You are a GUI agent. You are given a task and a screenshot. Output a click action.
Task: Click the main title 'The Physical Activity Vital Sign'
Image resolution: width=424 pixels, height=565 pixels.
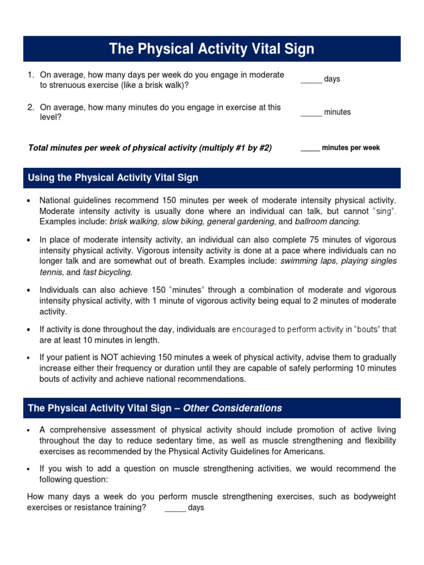[x=211, y=49]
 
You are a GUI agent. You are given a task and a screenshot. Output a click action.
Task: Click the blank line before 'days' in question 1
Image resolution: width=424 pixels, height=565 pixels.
[x=311, y=81]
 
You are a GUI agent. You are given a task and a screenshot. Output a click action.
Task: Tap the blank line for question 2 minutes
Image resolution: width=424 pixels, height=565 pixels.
[x=311, y=114]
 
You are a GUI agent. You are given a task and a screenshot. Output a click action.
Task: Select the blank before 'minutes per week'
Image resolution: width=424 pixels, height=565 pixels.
[x=310, y=150]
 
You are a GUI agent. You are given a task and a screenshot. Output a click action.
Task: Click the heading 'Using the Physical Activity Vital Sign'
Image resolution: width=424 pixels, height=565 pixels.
[x=113, y=178]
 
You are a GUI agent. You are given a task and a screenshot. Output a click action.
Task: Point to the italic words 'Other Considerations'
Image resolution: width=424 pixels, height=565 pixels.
[x=232, y=408]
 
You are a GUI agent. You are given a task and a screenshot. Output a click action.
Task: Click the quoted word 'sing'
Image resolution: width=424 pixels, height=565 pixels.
[x=385, y=211]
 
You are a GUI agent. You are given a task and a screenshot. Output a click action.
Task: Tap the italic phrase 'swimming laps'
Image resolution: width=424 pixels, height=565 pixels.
[x=304, y=261]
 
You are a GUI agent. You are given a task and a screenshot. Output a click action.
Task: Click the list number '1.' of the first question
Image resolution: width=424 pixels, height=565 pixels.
[x=31, y=74]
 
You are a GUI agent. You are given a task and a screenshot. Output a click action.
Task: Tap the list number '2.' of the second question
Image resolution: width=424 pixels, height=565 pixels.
[x=31, y=108]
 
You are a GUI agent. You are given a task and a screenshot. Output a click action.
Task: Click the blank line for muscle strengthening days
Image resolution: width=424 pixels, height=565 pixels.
[x=175, y=509]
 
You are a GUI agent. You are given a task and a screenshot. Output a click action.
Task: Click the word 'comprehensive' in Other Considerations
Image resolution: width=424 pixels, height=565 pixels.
[x=73, y=429]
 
